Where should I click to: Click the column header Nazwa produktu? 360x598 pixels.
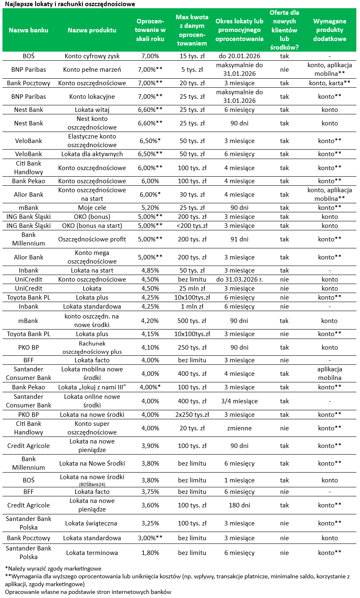click(92, 30)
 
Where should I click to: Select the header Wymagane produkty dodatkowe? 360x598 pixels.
click(330, 30)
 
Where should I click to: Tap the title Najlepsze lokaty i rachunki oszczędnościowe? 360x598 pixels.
click(70, 4)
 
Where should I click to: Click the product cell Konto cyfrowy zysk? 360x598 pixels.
click(92, 56)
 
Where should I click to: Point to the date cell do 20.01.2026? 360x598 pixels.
click(239, 56)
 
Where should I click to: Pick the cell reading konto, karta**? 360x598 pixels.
click(330, 83)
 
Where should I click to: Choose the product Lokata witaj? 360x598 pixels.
click(92, 110)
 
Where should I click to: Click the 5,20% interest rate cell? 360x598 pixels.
click(150, 208)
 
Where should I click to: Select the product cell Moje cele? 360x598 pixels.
click(92, 208)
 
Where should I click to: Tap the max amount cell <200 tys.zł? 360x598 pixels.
click(192, 226)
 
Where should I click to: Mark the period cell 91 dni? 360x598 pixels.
click(239, 239)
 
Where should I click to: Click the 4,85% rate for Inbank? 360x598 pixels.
click(150, 271)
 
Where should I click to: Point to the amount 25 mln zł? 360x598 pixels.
click(192, 289)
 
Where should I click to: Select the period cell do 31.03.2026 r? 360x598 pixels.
click(239, 280)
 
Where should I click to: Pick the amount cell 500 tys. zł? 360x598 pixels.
click(192, 321)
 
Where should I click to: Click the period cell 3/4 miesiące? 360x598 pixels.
click(239, 401)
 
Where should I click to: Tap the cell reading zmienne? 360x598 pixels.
click(239, 428)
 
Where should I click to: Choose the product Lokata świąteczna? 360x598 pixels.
click(92, 523)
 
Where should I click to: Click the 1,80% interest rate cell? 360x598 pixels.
click(150, 553)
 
